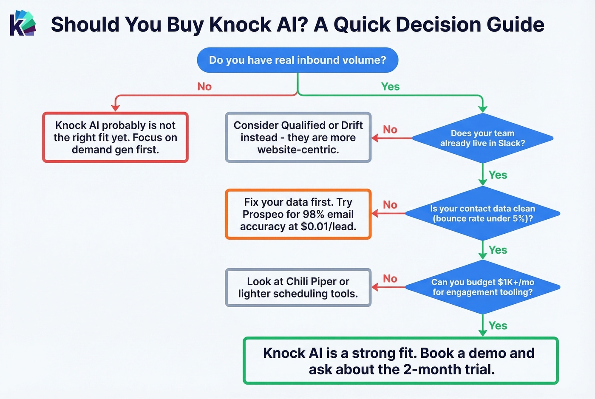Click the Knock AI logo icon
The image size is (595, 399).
pos(23,24)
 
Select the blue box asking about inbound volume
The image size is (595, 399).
pos(297,60)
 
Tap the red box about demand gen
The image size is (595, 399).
pos(115,137)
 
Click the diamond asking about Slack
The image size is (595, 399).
pos(482,138)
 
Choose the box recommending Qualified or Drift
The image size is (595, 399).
pos(298,137)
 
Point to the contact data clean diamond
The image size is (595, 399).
pos(482,213)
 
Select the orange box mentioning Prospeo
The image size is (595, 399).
pos(298,214)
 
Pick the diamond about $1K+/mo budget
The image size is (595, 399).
pos(482,287)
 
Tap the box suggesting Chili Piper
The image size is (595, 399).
pos(298,288)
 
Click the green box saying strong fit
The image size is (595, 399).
pos(400,361)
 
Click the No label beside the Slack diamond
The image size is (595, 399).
pos(390,130)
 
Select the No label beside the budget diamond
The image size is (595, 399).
pos(390,279)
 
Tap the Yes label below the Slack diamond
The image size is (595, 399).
pos(498,175)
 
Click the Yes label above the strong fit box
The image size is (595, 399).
pos(498,325)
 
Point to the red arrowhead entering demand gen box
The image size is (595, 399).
pos(115,108)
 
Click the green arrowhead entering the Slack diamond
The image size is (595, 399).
pos(482,109)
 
